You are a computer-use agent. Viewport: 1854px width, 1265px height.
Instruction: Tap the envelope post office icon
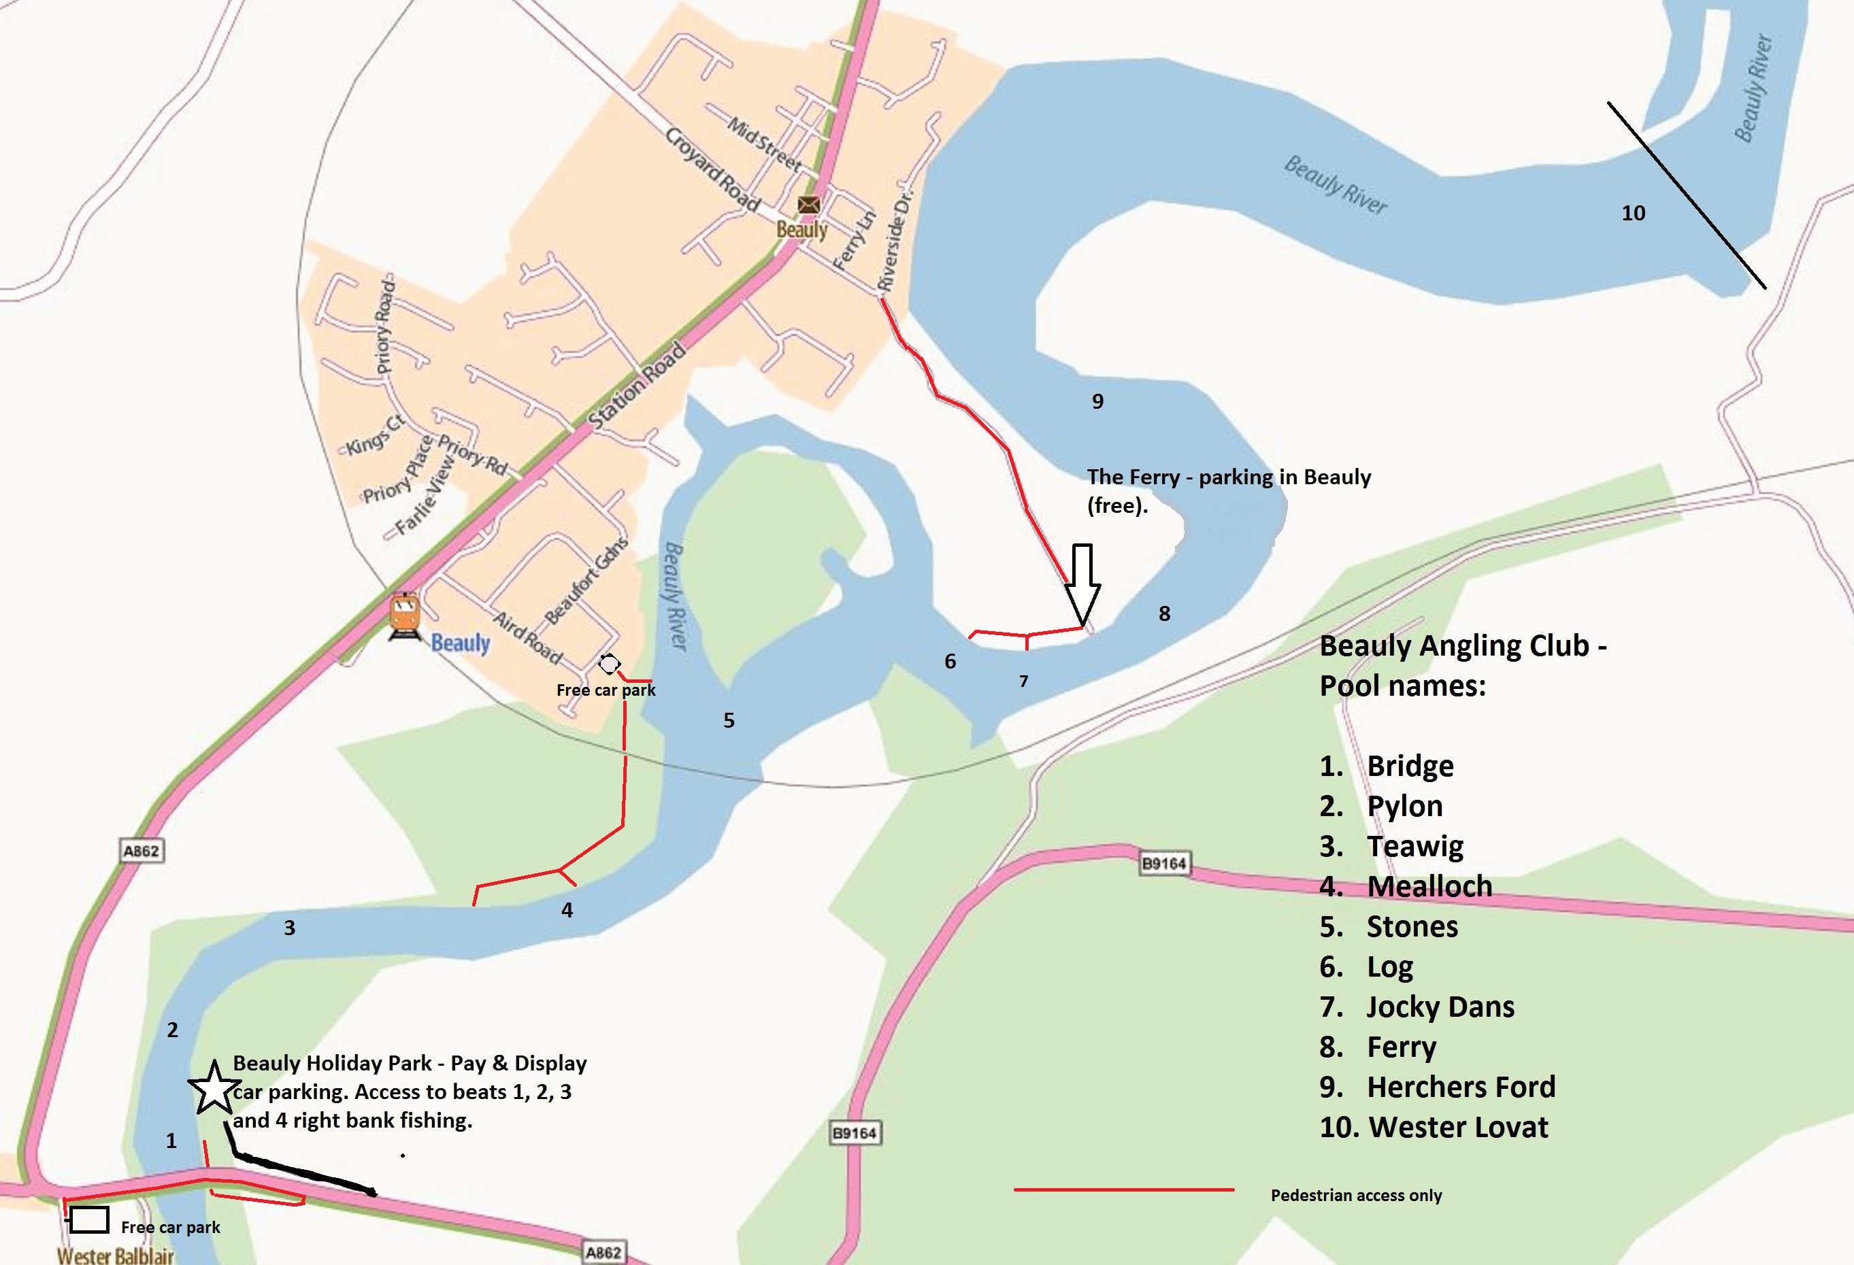[808, 205]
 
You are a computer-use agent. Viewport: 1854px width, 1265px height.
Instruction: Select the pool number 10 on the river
[1633, 213]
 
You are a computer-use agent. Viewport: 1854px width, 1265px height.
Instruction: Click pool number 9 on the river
[1097, 401]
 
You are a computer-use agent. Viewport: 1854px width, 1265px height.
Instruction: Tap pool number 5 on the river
[729, 720]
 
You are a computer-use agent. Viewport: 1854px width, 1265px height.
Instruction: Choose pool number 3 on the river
[290, 928]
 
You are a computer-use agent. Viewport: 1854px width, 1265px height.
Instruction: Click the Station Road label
[636, 386]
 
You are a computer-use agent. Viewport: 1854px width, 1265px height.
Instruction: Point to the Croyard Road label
[712, 169]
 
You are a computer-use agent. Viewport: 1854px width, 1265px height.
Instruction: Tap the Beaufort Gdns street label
[586, 581]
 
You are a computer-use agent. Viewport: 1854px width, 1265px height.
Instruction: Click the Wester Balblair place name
[115, 1255]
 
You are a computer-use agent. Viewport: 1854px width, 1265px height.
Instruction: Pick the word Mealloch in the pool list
[1429, 886]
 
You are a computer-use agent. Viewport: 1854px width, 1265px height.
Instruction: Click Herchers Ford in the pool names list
[1461, 1087]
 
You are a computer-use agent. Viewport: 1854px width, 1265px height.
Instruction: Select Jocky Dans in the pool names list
[1440, 1007]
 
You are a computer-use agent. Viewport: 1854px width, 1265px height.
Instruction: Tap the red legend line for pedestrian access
[1123, 1190]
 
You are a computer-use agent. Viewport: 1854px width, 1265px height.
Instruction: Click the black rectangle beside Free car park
[88, 1219]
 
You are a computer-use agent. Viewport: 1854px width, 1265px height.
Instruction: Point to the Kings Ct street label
[374, 435]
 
